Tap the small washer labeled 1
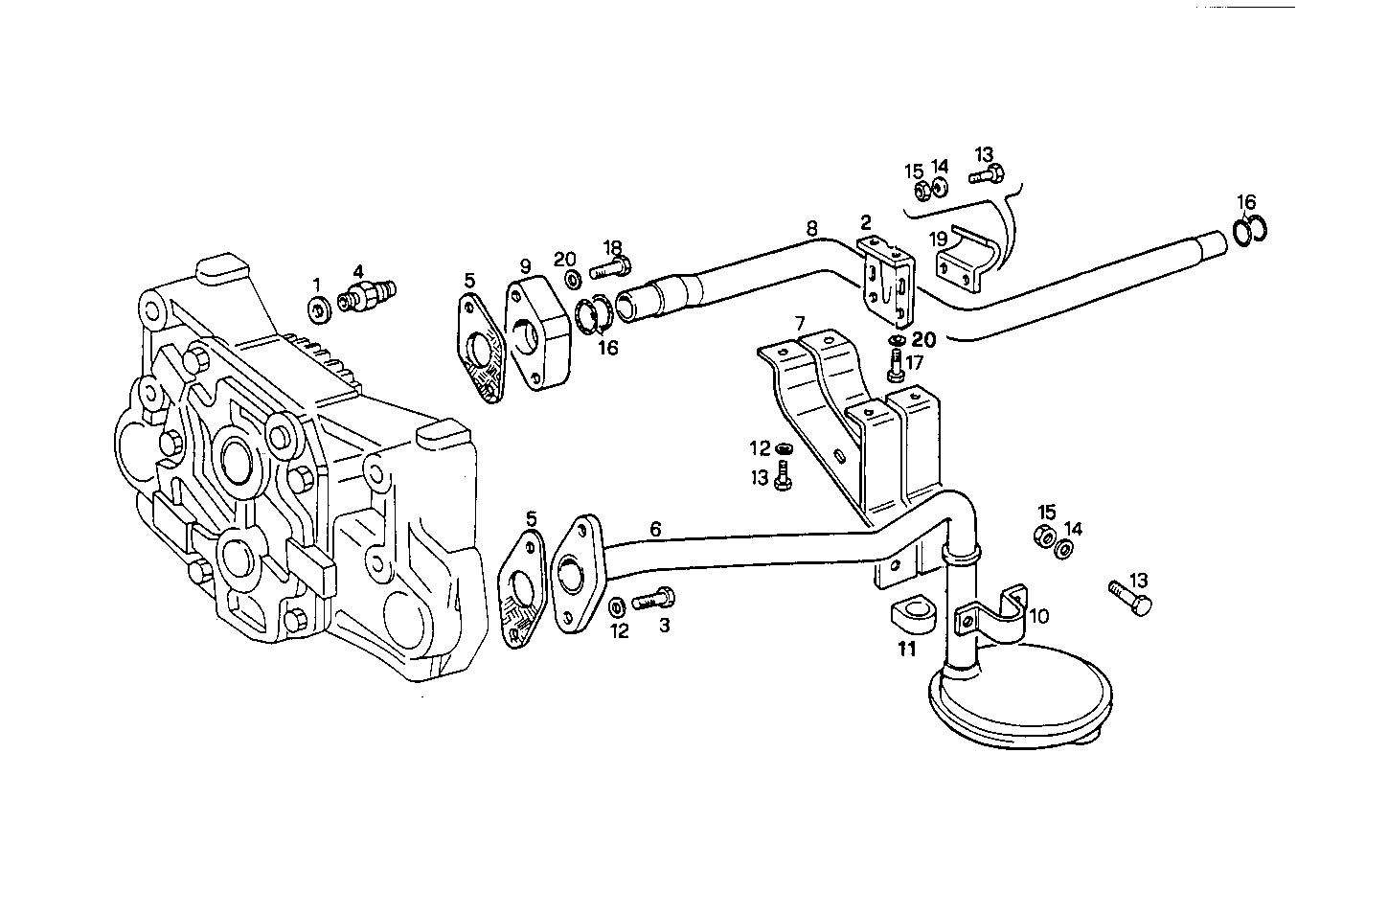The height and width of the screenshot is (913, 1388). [x=318, y=308]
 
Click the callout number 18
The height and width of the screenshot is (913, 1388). [x=612, y=247]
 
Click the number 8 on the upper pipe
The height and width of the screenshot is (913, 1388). [x=811, y=229]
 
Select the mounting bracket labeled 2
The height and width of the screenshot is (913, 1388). [x=886, y=278]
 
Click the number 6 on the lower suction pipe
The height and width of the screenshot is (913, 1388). [x=655, y=529]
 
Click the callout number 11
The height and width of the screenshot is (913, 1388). [x=906, y=650]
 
